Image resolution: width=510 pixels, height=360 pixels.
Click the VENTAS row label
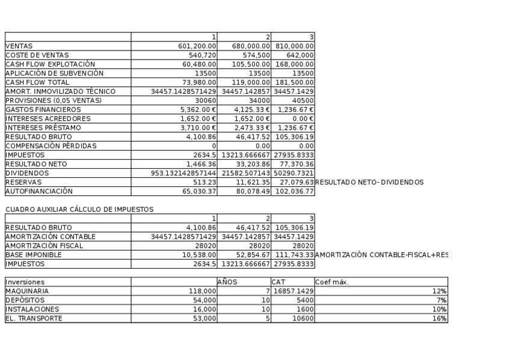(x=19, y=46)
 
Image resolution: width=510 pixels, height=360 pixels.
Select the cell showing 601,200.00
(x=197, y=46)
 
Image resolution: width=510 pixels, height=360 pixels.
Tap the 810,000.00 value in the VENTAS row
(x=295, y=46)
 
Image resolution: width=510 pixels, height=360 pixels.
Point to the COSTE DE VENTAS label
(x=37, y=55)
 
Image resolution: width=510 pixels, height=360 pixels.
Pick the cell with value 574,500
(x=256, y=55)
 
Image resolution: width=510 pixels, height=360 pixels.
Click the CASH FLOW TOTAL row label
(x=37, y=82)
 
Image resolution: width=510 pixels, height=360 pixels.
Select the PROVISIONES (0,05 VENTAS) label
(x=54, y=100)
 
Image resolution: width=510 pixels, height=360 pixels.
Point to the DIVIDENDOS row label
(x=27, y=173)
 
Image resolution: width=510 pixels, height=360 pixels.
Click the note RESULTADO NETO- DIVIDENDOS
(x=369, y=183)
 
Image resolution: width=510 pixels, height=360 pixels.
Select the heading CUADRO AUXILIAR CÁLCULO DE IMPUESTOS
(x=79, y=210)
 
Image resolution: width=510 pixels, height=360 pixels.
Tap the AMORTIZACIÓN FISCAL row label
(x=45, y=246)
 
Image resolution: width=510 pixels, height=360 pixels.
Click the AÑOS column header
(x=227, y=282)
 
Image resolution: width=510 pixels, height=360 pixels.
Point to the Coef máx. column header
(x=332, y=282)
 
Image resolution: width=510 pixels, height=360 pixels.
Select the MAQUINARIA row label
(x=27, y=291)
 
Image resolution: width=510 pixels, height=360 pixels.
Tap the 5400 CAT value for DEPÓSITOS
(x=302, y=300)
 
